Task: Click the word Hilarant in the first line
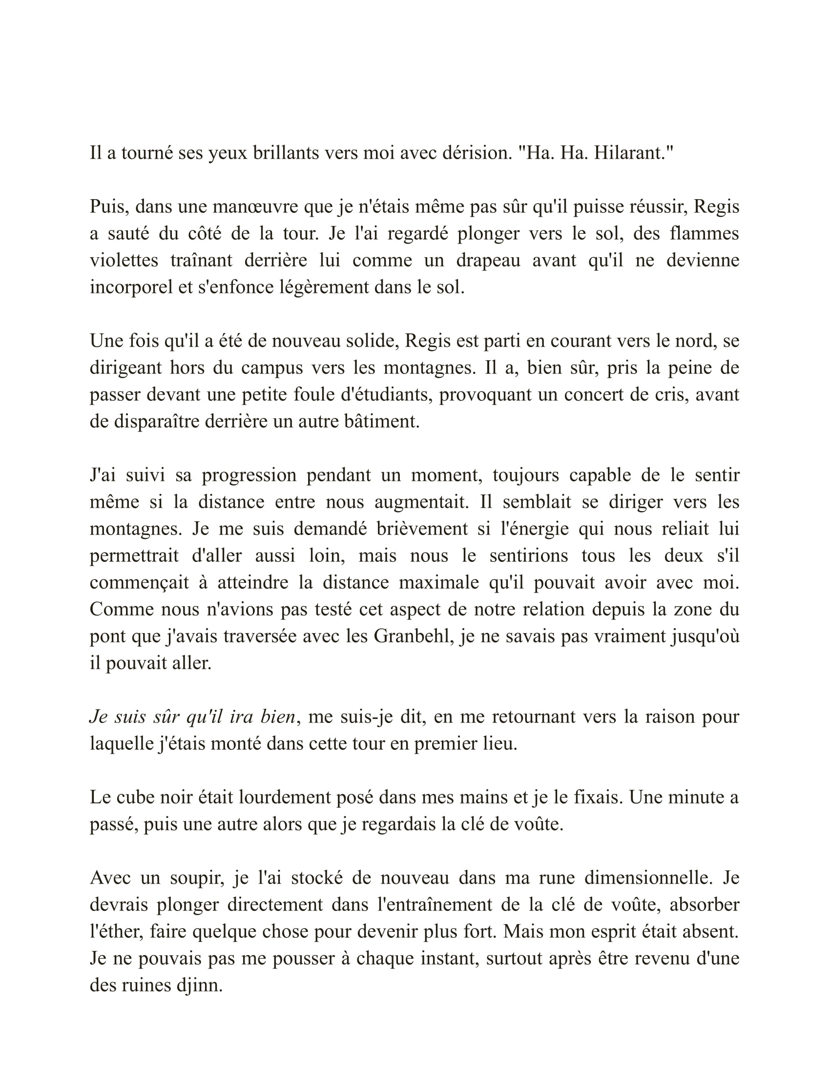coord(633,153)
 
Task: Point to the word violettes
coord(124,261)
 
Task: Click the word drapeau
coord(488,261)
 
